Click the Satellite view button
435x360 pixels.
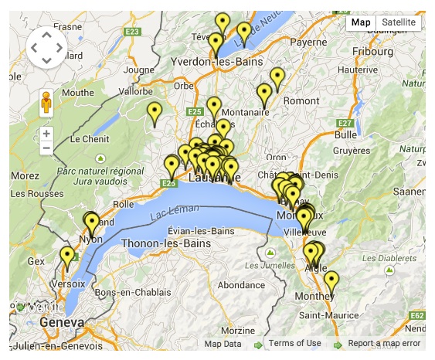399,22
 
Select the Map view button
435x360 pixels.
361,22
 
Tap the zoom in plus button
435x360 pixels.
46,133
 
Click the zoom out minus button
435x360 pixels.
46,148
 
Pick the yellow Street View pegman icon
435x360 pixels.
46,103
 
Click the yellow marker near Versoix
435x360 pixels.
67,257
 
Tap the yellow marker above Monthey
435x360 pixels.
331,281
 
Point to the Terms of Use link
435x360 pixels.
295,344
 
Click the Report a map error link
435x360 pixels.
384,344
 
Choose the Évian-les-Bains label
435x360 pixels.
201,231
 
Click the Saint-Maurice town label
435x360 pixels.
328,314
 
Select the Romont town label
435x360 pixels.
301,100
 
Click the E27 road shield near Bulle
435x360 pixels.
345,123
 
